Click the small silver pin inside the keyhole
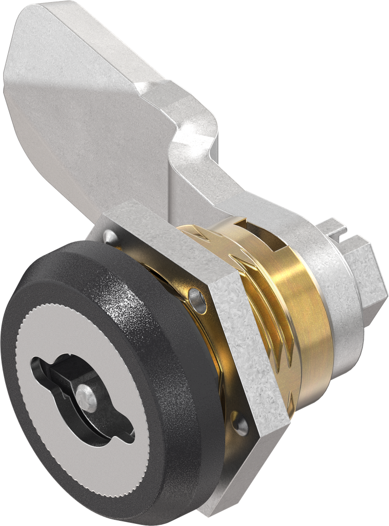point(86,398)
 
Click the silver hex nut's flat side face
point(247,339)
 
